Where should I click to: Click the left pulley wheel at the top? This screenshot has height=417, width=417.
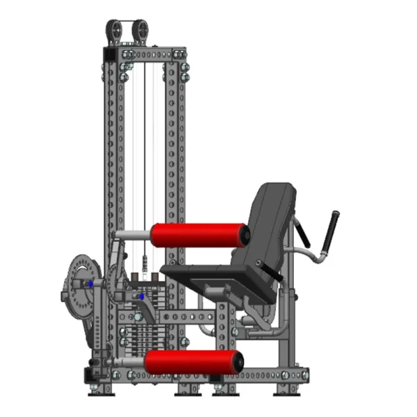coord(115,32)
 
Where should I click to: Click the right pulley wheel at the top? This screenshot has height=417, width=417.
coord(140,32)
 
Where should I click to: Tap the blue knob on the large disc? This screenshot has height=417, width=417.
coord(90,285)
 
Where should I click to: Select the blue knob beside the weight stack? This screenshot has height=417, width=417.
coord(142,297)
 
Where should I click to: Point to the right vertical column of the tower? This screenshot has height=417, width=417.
coord(173,174)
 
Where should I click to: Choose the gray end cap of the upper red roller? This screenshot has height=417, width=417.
coord(245,234)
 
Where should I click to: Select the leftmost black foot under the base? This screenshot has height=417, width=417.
coord(97,390)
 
